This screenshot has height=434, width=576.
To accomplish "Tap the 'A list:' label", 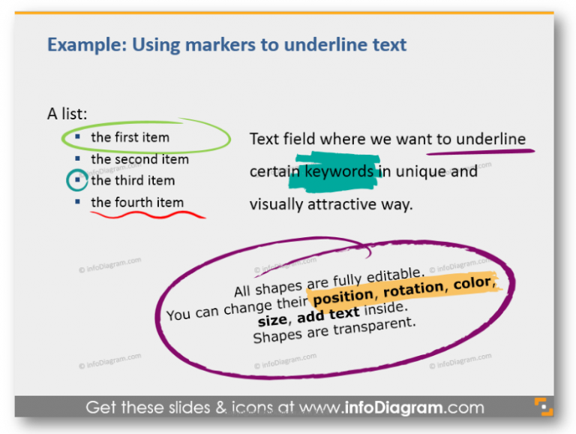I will pos(67,114).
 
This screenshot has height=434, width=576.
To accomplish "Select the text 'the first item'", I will pos(130,137).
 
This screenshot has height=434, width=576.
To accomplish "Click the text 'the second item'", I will pos(139,159).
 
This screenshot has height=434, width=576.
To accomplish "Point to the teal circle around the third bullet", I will pos(76,180).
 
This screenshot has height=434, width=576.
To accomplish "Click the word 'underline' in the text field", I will pos(491,139).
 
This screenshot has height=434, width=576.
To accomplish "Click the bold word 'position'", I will pos(343,296).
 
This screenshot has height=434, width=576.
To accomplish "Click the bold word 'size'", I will pos(271,321).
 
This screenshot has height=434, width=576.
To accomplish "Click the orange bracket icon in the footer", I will pos(543,406).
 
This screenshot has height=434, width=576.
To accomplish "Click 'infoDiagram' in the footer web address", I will pos(404,408).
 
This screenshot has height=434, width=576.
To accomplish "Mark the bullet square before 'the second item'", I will pos(77,158).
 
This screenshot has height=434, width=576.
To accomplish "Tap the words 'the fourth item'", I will pos(137,202).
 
